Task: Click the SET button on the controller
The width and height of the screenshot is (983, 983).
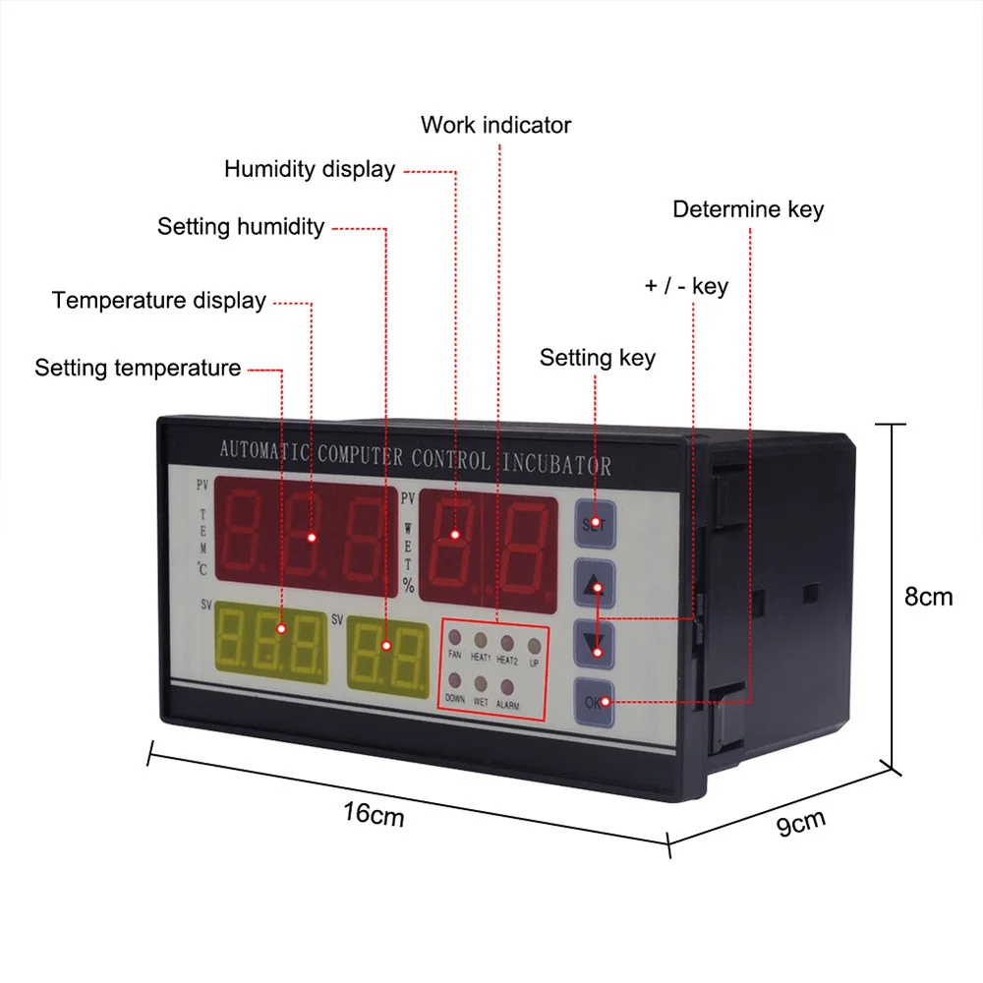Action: (x=594, y=524)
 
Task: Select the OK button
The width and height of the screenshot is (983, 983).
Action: (x=595, y=702)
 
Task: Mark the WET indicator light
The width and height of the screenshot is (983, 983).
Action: (x=481, y=684)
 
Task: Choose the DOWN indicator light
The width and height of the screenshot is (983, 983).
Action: (x=455, y=681)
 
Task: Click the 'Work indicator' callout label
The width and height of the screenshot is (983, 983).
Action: (x=495, y=125)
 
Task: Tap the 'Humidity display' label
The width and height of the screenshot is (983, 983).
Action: (x=310, y=169)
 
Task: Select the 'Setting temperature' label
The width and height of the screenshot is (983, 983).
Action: (x=138, y=368)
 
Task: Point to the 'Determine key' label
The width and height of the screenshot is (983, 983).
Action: (x=748, y=209)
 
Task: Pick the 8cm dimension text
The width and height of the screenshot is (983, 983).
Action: (x=928, y=596)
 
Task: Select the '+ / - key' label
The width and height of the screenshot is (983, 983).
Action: (x=686, y=286)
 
